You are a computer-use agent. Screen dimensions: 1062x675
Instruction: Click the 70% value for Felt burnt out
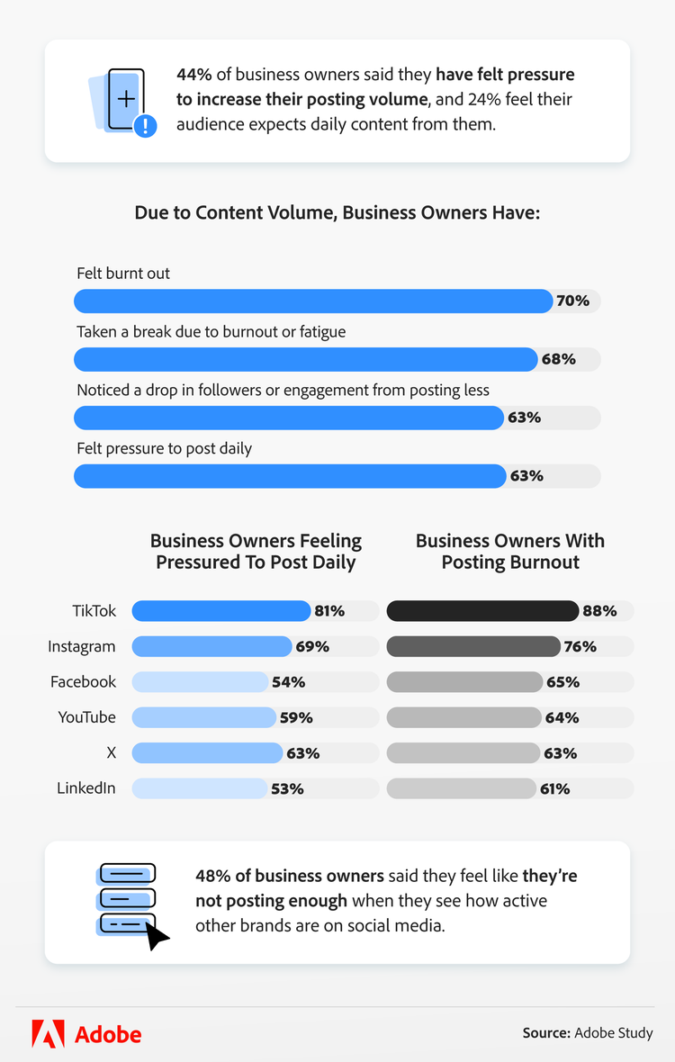coord(572,301)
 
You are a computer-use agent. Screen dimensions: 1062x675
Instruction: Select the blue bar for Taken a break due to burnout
coord(306,359)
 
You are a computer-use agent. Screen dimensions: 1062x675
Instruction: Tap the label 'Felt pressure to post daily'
coord(164,448)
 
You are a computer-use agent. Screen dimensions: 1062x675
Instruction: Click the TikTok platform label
coord(94,611)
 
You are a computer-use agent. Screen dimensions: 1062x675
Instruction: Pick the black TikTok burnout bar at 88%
coord(482,611)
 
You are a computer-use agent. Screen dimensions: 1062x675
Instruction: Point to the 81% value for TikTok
coord(329,611)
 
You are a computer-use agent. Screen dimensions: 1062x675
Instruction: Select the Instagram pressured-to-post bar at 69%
coord(211,646)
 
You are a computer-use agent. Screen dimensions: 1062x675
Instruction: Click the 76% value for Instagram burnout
coord(580,646)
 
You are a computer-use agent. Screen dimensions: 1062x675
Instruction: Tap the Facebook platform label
coord(83,682)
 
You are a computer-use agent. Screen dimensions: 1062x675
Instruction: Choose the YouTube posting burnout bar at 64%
coord(463,717)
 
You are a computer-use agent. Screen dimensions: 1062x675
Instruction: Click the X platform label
coord(111,752)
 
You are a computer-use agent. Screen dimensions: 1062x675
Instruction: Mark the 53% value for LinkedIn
coord(287,788)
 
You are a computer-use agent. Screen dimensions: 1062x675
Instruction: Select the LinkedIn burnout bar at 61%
coord(461,788)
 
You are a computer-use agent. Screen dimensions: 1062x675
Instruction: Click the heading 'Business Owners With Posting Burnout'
coord(510,552)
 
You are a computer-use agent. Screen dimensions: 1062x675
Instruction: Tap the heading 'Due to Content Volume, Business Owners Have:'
coord(337,213)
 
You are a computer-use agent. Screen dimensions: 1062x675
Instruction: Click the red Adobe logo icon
coord(48,1033)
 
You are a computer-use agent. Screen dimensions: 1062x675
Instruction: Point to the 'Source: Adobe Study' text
coord(588,1033)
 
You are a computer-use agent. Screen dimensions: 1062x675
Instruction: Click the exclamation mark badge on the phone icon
coord(145,126)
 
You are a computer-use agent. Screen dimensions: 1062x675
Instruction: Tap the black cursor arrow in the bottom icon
coord(157,936)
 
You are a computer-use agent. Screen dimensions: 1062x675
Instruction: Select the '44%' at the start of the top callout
coord(193,74)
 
